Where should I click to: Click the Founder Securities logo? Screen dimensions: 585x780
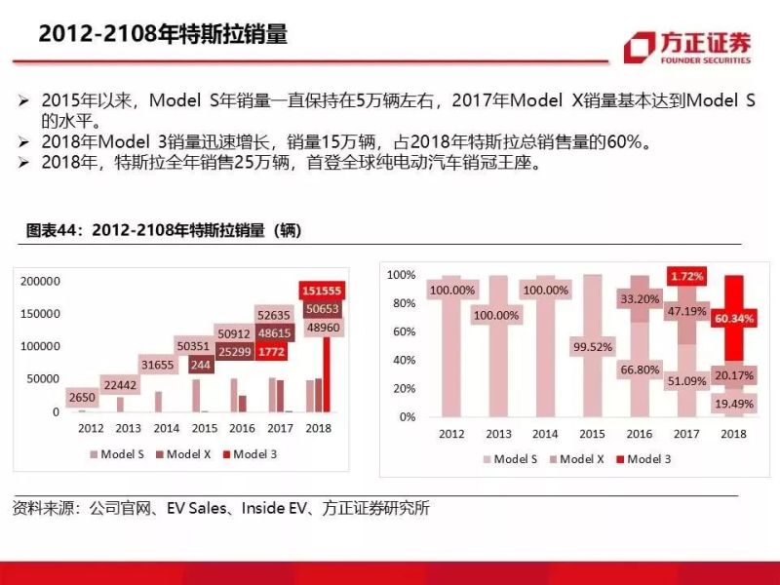[688, 47]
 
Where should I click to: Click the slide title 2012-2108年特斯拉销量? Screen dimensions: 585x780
[163, 33]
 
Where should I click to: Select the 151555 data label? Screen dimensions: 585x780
[320, 291]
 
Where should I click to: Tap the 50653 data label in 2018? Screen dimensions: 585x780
[320, 309]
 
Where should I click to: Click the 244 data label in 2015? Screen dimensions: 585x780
[201, 365]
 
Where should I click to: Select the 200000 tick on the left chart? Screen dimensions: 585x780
[40, 282]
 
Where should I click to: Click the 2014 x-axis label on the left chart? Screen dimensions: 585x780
[166, 428]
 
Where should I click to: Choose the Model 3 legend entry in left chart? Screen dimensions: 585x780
[251, 453]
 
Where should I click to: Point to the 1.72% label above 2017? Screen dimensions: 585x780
[685, 278]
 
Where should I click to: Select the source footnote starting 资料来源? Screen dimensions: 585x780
[220, 508]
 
